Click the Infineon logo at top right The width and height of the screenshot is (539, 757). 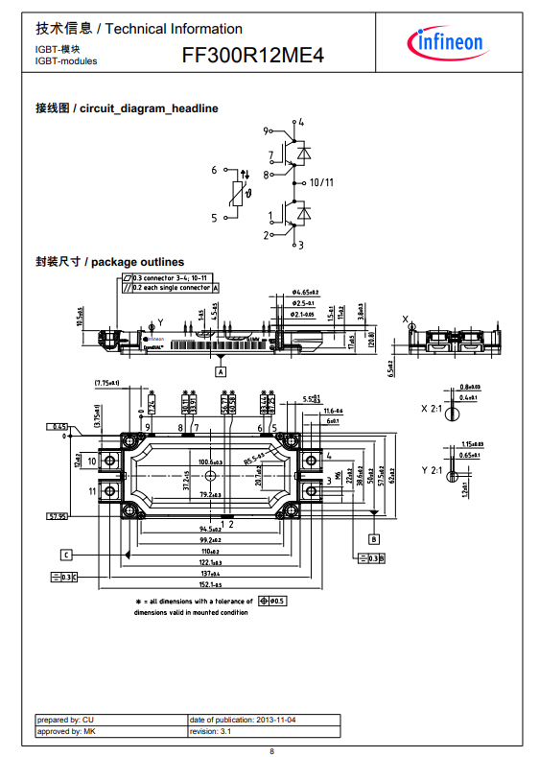click(449, 43)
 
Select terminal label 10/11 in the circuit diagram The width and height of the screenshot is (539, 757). click(321, 182)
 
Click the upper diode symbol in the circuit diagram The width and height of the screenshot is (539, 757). click(303, 153)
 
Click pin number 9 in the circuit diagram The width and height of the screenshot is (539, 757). click(266, 130)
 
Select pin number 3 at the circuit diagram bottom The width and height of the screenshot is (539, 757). click(300, 246)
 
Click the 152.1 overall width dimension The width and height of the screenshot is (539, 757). click(210, 584)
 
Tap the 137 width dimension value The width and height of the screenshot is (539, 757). click(210, 574)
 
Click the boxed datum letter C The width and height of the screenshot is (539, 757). click(65, 555)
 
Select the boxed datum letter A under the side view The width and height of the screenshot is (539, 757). click(221, 369)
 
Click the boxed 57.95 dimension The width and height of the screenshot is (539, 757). click(58, 517)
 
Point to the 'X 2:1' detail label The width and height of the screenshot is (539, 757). click(433, 409)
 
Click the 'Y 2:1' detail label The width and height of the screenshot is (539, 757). click(433, 470)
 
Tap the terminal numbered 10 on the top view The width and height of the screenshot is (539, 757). click(93, 461)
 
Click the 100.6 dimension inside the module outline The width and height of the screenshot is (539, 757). click(209, 461)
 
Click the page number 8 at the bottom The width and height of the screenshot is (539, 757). click(271, 749)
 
